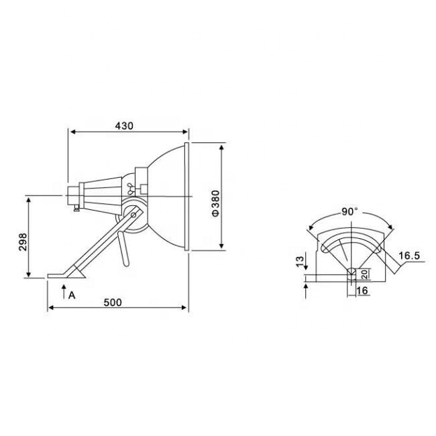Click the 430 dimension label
124,126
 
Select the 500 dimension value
113,303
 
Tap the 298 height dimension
23,242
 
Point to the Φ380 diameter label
215,203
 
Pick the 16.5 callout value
409,256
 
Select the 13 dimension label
300,262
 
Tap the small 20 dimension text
366,274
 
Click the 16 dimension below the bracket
362,290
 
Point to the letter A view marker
72,295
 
